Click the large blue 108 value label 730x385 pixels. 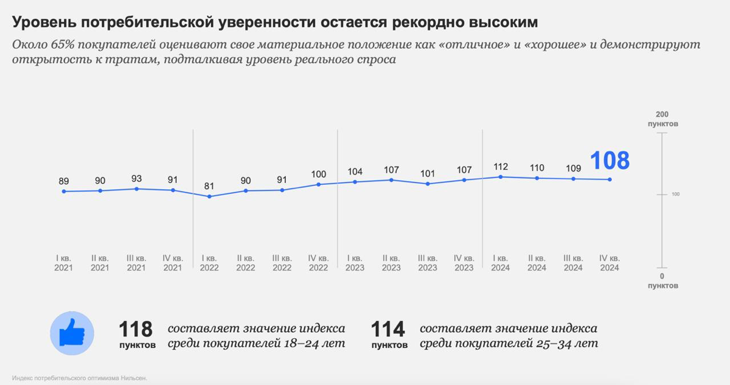(610, 161)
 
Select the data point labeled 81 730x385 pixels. (209, 196)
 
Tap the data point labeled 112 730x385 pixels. (500, 177)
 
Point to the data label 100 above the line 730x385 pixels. (318, 175)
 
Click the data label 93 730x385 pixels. (136, 179)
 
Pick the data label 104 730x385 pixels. (355, 172)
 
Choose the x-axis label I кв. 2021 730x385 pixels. (64, 263)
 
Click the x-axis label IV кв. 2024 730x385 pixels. (609, 263)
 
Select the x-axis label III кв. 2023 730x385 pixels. (428, 263)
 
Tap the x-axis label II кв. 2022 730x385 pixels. (246, 263)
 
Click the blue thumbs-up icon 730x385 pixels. (72, 333)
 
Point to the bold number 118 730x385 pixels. (136, 330)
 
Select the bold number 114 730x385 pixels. (388, 330)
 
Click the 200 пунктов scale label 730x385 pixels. (662, 119)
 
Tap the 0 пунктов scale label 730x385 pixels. (662, 280)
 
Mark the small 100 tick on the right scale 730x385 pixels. (675, 195)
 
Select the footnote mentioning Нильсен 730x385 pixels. (80, 378)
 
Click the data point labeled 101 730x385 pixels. (428, 184)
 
